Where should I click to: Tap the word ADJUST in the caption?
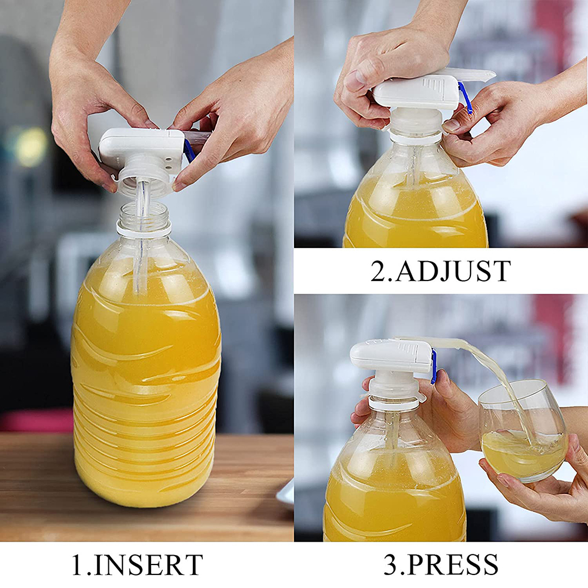[x=452, y=271]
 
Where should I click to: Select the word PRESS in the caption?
[x=452, y=565]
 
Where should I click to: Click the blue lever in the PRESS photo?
[x=433, y=366]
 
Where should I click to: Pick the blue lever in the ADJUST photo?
[x=465, y=98]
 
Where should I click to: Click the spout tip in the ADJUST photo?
[x=485, y=75]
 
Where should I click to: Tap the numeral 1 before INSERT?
[x=78, y=565]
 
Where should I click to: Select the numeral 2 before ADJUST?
[x=378, y=271]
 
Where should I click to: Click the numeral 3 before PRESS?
[x=390, y=565]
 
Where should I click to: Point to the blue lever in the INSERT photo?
[x=189, y=150]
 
